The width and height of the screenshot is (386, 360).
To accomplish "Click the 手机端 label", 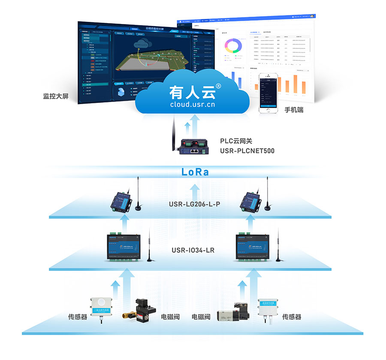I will click(294, 110).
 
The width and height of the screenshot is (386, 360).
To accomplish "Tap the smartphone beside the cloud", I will click(268, 93).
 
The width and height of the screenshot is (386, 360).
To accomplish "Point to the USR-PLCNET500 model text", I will click(247, 151).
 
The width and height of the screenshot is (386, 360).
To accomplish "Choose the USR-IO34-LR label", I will click(193, 250).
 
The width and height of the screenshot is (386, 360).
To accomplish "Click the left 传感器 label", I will click(78, 317).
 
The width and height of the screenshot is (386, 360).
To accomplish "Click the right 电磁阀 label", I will click(201, 317).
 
